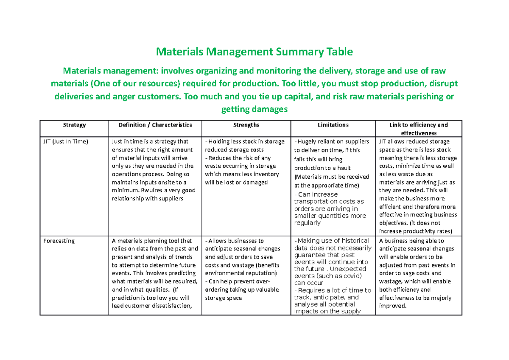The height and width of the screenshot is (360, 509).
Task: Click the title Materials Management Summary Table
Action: coord(255,52)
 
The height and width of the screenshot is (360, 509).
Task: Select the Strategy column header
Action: coord(74,125)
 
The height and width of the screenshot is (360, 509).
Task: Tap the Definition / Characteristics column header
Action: coord(155,125)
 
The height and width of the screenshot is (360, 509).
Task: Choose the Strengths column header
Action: coord(246,125)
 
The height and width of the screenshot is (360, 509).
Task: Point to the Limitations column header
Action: coord(333,125)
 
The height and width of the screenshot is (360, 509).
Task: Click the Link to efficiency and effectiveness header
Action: coord(419,129)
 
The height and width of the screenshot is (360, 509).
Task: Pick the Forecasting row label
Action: coord(59,241)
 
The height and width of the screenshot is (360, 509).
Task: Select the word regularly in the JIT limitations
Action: coord(308,223)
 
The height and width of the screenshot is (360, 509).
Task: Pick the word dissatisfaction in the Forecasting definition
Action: coord(169,306)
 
